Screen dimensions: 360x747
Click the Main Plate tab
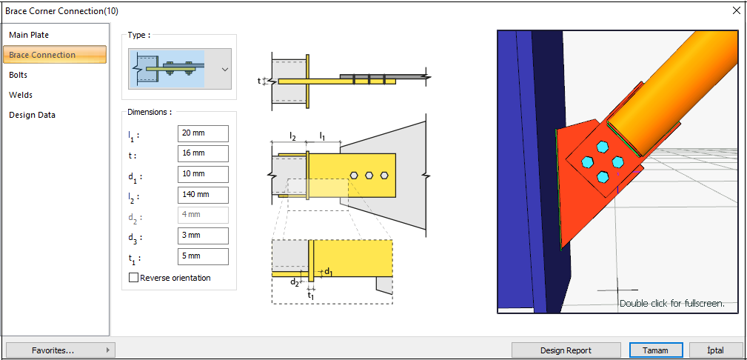pyautogui.click(x=29, y=35)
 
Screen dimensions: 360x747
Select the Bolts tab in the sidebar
pyautogui.click(x=19, y=75)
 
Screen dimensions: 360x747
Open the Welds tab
pyautogui.click(x=21, y=95)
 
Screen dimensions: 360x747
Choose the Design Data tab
pyautogui.click(x=32, y=115)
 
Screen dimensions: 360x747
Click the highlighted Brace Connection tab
pyautogui.click(x=54, y=55)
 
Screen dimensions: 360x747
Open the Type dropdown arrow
pyautogui.click(x=224, y=69)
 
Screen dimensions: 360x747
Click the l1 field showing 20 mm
pyautogui.click(x=203, y=133)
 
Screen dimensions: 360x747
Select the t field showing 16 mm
pyautogui.click(x=203, y=153)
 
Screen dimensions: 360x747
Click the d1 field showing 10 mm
pyautogui.click(x=203, y=174)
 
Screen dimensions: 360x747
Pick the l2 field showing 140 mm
pyautogui.click(x=203, y=195)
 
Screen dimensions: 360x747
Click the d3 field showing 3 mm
pyautogui.click(x=203, y=236)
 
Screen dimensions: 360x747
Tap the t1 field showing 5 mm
pyautogui.click(x=203, y=256)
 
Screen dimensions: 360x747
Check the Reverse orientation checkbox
pyautogui.click(x=134, y=278)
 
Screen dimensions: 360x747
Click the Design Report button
pyautogui.click(x=566, y=350)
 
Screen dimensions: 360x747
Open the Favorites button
pyautogui.click(x=60, y=350)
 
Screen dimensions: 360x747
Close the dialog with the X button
pyautogui.click(x=736, y=10)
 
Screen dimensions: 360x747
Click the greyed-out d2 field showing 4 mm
pyautogui.click(x=203, y=216)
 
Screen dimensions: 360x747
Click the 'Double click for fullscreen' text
pyautogui.click(x=671, y=304)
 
